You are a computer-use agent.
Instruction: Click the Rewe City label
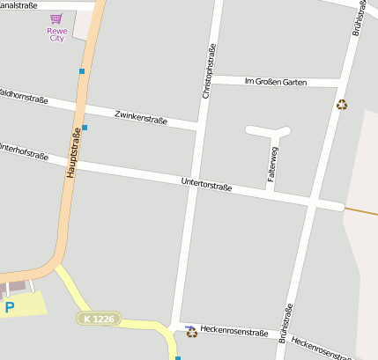coord(57,34)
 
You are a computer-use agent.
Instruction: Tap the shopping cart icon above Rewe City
coord(56,18)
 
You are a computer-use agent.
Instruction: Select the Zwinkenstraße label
coord(140,117)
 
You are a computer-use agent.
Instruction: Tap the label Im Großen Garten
coord(275,82)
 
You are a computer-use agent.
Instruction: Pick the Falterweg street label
coord(272,164)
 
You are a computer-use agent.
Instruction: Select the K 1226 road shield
coord(97,318)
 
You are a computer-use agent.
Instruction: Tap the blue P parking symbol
coord(10,307)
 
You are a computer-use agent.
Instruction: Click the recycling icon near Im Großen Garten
coord(342,105)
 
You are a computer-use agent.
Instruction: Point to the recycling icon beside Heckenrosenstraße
coord(190,331)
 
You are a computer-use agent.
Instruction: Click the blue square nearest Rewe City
coord(82,70)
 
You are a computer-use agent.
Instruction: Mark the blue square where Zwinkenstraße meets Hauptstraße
coord(85,128)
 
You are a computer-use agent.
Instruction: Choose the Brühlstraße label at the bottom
coord(285,323)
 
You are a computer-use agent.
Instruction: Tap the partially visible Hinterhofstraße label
coord(24,151)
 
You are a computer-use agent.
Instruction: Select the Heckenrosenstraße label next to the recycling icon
coord(233,332)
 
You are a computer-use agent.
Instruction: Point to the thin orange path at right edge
coord(361,211)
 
